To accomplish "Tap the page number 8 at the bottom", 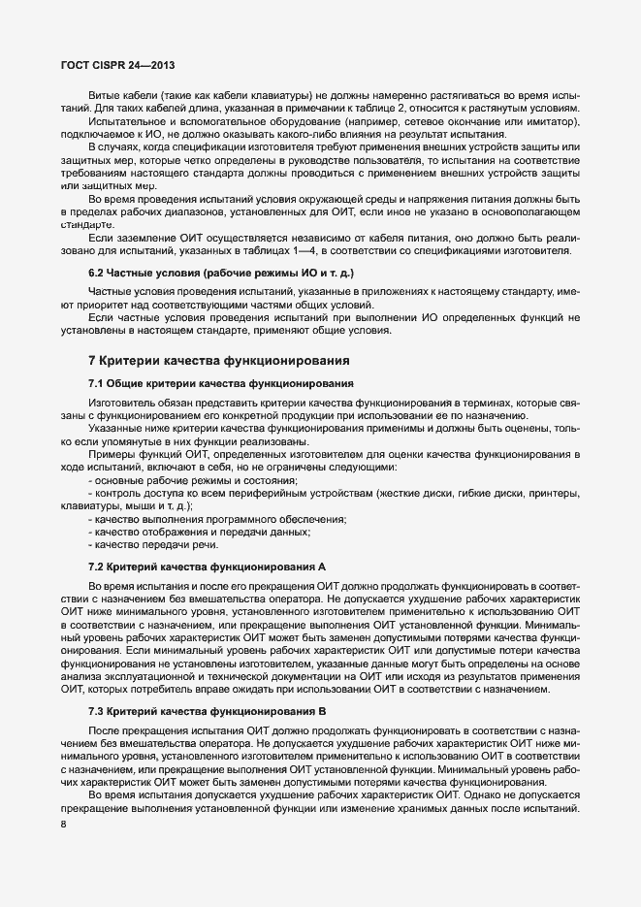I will (x=63, y=825).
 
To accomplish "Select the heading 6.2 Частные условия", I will (x=221, y=275).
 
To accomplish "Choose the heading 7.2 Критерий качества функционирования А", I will (x=207, y=566).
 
